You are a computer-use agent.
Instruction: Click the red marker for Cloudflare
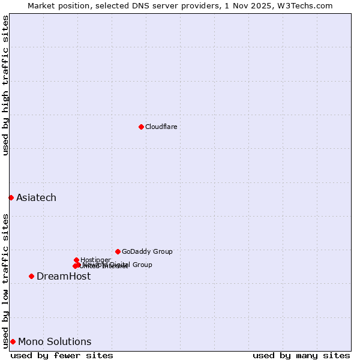(141, 127)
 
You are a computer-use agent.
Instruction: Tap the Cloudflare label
(161, 127)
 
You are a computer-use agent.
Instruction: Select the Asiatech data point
(11, 197)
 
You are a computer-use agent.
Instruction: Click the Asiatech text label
(36, 197)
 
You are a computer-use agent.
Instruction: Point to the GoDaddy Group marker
(118, 251)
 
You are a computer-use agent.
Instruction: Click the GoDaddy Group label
(147, 251)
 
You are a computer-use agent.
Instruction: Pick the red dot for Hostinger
(76, 260)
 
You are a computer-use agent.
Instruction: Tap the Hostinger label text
(95, 260)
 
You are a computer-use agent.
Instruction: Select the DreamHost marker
(31, 276)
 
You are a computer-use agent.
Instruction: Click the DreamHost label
(64, 276)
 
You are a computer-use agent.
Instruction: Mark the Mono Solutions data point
(13, 341)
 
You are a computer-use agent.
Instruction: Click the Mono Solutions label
(55, 341)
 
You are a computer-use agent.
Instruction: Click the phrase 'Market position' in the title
(55, 5)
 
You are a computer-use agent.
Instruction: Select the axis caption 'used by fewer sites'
(62, 355)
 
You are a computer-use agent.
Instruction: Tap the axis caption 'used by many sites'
(301, 355)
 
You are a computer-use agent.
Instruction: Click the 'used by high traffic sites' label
(5, 85)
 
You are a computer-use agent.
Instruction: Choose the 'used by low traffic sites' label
(5, 281)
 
